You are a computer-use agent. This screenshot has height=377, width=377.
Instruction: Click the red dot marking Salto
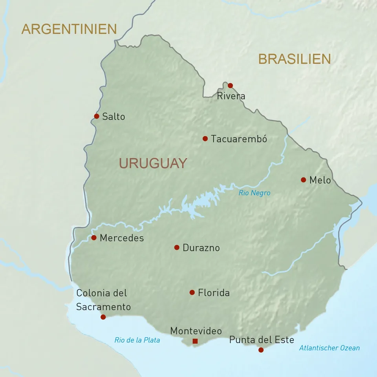[97, 116]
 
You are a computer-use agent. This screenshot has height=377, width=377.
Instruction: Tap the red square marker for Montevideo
[195, 341]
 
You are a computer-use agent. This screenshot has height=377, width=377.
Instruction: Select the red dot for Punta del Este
[261, 350]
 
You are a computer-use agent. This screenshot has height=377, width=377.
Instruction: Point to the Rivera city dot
[230, 86]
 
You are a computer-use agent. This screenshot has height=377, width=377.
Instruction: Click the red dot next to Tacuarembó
[205, 139]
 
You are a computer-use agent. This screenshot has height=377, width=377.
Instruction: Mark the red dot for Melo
[303, 180]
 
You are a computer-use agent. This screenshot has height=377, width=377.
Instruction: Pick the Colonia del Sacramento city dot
[103, 317]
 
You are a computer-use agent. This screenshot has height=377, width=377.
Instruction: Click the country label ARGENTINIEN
[69, 29]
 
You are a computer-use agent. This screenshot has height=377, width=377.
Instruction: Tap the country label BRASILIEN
[294, 59]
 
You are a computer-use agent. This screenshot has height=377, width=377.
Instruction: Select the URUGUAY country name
[153, 163]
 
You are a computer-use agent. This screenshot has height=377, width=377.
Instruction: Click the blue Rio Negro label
[254, 193]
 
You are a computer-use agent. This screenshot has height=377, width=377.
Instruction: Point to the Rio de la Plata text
[137, 340]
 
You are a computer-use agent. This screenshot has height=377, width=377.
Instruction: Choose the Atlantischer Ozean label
[329, 348]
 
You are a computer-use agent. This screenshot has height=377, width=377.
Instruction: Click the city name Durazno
[201, 248]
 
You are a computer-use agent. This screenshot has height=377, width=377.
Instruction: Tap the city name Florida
[214, 293]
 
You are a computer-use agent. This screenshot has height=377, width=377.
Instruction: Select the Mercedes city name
[122, 238]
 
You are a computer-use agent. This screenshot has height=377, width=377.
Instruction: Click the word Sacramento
[103, 307]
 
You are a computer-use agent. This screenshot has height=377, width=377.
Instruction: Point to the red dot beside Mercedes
[94, 238]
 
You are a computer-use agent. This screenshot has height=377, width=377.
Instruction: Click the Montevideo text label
[196, 331]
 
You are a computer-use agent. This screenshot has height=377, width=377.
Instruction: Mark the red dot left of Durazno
[177, 247]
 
